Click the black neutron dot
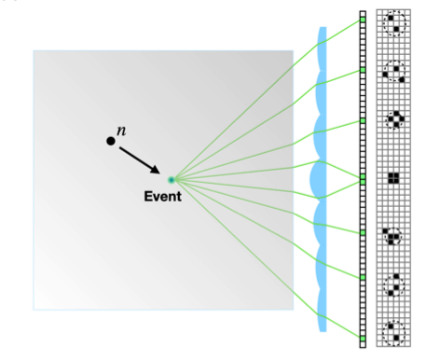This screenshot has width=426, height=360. point(111,141)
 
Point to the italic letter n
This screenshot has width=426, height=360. point(121,131)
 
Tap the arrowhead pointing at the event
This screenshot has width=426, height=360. point(155,170)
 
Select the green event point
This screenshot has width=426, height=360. point(172,180)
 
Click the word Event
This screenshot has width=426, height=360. point(162,197)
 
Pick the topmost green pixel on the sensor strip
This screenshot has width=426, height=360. point(363,20)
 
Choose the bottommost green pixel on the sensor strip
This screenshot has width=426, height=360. point(363,338)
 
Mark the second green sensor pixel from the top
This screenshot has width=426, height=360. point(363,70)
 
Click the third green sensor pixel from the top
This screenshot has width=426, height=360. point(363,120)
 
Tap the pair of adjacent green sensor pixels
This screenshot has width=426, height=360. point(363,179)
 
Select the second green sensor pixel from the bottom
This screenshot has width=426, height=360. point(363,277)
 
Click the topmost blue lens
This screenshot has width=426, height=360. point(322,49)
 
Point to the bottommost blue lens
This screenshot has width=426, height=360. point(322,311)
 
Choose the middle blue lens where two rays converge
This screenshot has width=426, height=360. point(318,180)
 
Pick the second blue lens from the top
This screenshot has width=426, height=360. point(322,93)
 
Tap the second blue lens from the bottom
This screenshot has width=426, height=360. point(322,268)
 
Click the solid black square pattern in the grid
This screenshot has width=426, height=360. point(393,178)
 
